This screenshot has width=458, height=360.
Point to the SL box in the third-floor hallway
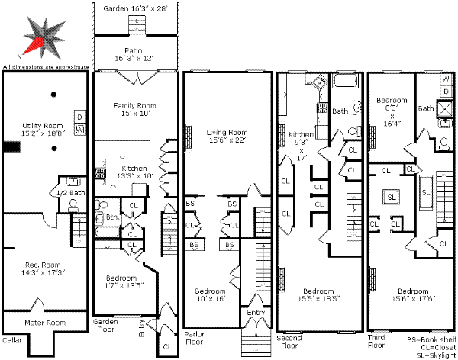[x=392, y=196]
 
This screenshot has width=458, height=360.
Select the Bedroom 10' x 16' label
[x=210, y=295]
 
